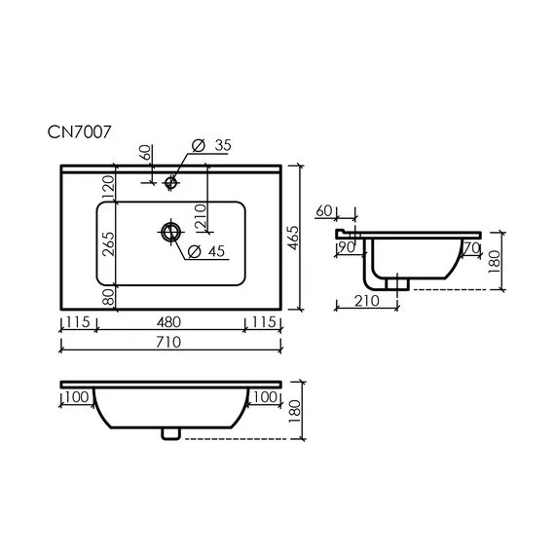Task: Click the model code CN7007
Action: pyautogui.click(x=79, y=132)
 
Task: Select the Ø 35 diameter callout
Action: pyautogui.click(x=211, y=145)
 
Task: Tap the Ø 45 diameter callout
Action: pyautogui.click(x=206, y=251)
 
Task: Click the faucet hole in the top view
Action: pyautogui.click(x=171, y=183)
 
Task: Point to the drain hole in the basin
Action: pyautogui.click(x=171, y=232)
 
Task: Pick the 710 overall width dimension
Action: pyautogui.click(x=168, y=342)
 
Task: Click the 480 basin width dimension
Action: pyautogui.click(x=168, y=322)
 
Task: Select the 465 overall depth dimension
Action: pyautogui.click(x=293, y=238)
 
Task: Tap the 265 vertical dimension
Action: pyautogui.click(x=109, y=243)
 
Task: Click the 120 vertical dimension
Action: pyautogui.click(x=109, y=188)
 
